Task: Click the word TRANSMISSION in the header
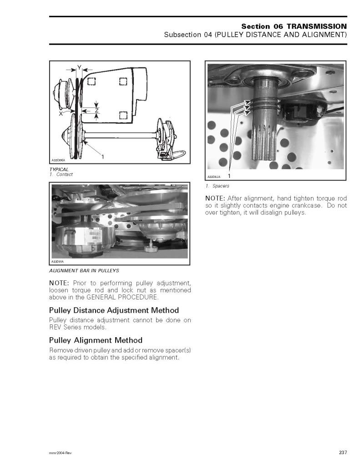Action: pyautogui.click(x=316, y=26)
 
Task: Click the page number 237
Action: pyautogui.click(x=343, y=452)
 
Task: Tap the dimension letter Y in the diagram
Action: pyautogui.click(x=79, y=67)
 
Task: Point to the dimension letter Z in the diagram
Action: pyautogui.click(x=96, y=111)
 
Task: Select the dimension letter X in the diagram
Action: pyautogui.click(x=61, y=113)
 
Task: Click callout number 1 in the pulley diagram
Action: pyautogui.click(x=102, y=157)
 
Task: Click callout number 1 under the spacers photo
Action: pyautogui.click(x=229, y=176)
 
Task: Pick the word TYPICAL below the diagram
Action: pyautogui.click(x=59, y=169)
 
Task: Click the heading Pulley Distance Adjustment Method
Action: pyautogui.click(x=114, y=310)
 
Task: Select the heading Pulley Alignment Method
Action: pyautogui.click(x=96, y=340)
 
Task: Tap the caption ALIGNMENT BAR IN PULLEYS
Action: pyautogui.click(x=84, y=270)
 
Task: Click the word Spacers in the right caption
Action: pyautogui.click(x=221, y=186)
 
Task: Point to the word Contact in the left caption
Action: pyautogui.click(x=65, y=174)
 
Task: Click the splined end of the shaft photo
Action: pyautogui.click(x=264, y=142)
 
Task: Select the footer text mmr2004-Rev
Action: pyautogui.click(x=61, y=453)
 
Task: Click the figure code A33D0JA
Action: pyautogui.click(x=214, y=177)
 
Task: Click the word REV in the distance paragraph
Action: pyautogui.click(x=55, y=327)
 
